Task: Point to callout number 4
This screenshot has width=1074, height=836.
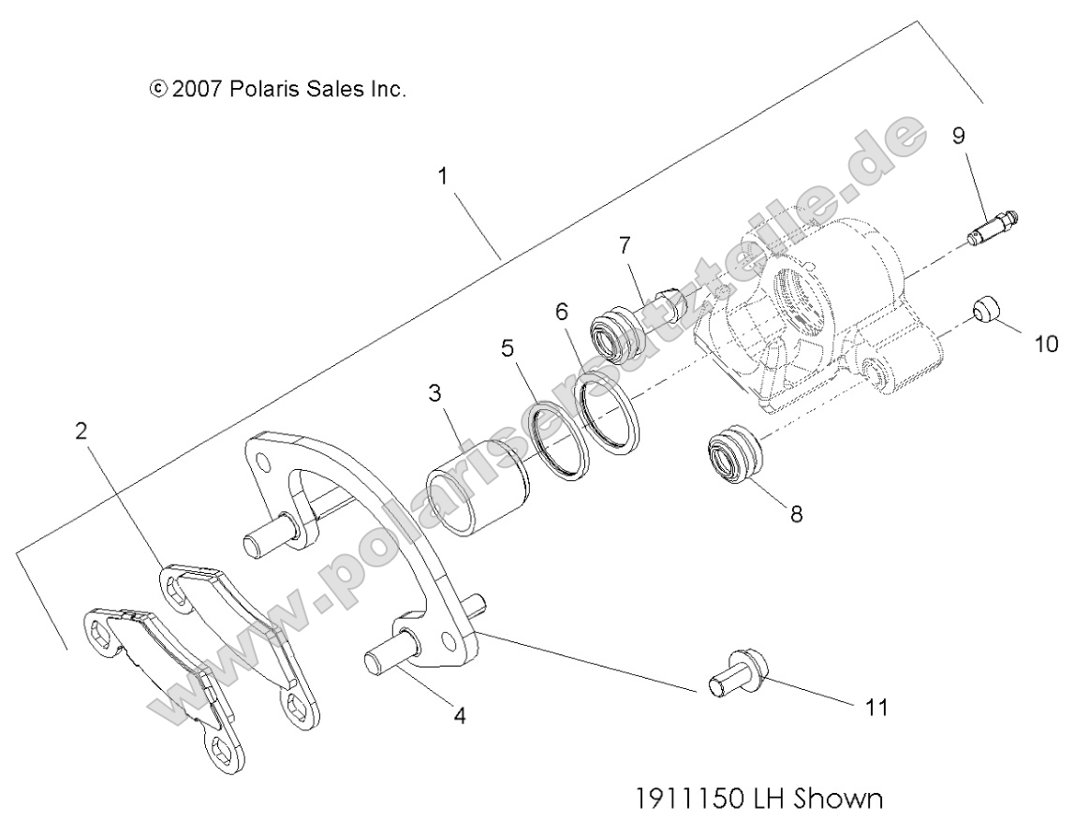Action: click(x=459, y=716)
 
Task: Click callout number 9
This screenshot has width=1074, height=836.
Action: click(x=959, y=136)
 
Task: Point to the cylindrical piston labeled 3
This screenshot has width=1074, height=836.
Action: click(x=477, y=488)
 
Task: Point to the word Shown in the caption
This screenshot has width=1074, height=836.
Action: click(x=840, y=799)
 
